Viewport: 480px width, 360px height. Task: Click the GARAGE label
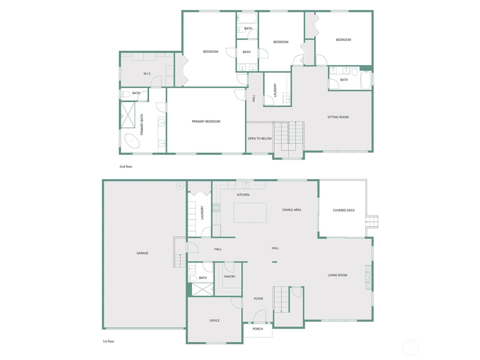[x=142, y=253]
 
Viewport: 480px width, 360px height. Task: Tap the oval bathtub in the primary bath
[x=132, y=141]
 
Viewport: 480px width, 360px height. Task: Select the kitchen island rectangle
[x=250, y=213]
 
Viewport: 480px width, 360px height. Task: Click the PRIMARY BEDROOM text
[x=206, y=121]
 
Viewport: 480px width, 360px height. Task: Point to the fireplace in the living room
[x=368, y=277]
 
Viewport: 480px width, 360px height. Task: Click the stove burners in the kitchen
[x=216, y=208]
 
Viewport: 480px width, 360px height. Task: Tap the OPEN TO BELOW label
[x=259, y=139]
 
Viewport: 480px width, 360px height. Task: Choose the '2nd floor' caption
[x=126, y=166]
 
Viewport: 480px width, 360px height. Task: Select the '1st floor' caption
[x=109, y=341]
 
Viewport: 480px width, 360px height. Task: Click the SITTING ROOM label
[x=338, y=117]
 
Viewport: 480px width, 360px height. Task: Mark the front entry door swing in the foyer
[x=259, y=316]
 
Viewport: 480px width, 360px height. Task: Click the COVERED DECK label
[x=344, y=210]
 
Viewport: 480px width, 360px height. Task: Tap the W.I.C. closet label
[x=147, y=74]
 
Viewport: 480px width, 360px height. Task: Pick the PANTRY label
[x=229, y=277]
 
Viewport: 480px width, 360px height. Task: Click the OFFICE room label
[x=214, y=321]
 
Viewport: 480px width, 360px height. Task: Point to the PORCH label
[x=258, y=329]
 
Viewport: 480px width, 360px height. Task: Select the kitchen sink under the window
[x=246, y=185]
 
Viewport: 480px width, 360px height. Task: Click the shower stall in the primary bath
[x=128, y=115]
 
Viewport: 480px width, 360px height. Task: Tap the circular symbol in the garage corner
[x=180, y=186]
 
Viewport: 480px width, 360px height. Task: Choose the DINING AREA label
[x=292, y=210]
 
